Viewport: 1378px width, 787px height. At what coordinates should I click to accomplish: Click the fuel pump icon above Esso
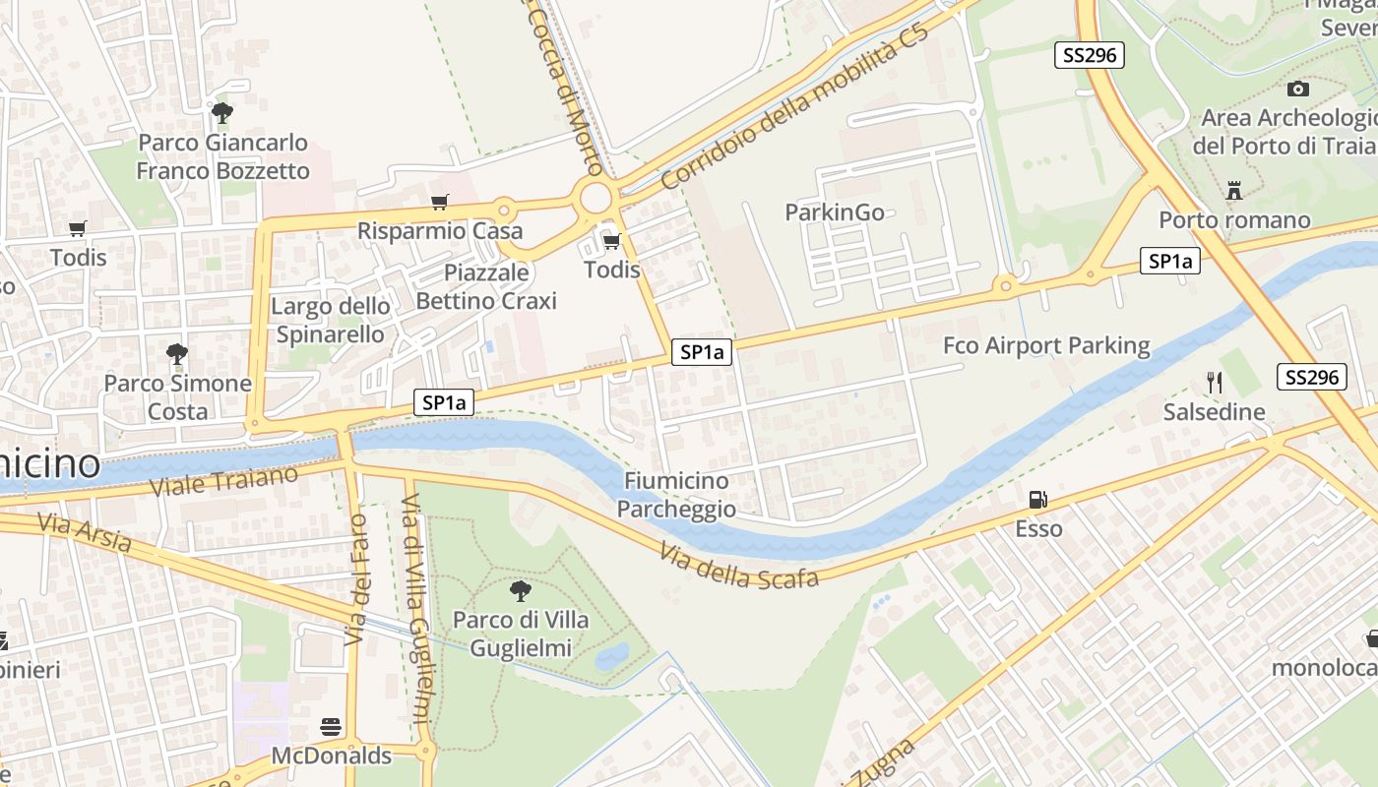click(1037, 501)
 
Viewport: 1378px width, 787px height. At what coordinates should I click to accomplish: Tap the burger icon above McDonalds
click(331, 728)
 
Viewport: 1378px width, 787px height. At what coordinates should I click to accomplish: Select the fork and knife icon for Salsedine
click(1214, 383)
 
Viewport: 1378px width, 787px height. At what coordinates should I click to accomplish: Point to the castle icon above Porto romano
click(1233, 190)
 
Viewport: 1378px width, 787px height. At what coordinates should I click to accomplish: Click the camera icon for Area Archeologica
click(1297, 90)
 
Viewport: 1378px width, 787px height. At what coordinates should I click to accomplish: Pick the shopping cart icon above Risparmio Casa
click(439, 203)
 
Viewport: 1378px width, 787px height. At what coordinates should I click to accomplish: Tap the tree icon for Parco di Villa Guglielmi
click(520, 591)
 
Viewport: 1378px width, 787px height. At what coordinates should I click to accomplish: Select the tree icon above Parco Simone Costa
click(177, 354)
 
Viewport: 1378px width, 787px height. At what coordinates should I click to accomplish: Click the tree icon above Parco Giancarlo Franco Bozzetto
click(222, 113)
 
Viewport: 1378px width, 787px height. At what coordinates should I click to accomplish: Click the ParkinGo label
click(834, 212)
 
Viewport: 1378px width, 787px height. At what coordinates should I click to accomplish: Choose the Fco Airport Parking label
click(1045, 345)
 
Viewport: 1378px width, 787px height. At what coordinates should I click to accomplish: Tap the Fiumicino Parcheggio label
click(676, 495)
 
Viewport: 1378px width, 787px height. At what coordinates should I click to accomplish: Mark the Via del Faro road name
click(355, 579)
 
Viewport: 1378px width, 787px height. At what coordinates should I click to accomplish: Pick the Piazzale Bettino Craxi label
click(486, 286)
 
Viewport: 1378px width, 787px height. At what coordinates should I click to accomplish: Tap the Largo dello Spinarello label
click(330, 320)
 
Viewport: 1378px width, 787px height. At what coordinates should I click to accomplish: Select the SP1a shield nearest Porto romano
click(1169, 261)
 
